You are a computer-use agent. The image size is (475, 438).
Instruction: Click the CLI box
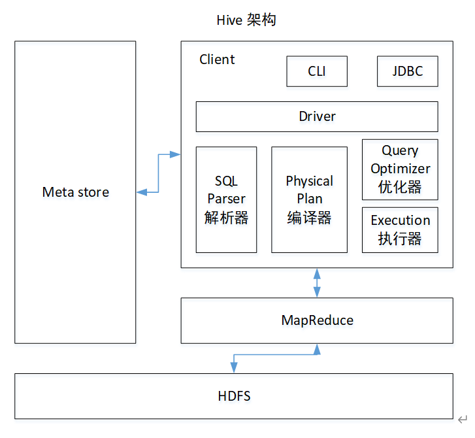coord(317,71)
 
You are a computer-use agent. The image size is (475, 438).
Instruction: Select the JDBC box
coord(408,71)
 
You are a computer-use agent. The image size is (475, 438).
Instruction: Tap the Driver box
coord(317,117)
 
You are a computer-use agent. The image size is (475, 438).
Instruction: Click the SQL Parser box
coord(226,200)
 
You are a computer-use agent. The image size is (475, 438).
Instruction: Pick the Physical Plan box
coord(309,200)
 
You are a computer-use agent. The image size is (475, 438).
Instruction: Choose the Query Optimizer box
coord(400,169)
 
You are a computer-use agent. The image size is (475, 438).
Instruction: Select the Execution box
coord(400,230)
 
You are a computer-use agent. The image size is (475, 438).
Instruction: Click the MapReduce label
coord(317,320)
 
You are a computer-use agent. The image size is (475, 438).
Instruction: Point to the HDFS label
coord(234,396)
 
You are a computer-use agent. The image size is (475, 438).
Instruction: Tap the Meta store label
coord(75,192)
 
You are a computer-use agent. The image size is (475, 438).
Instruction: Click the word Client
coord(217,59)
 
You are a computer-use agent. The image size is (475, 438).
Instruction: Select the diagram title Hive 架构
coord(246,20)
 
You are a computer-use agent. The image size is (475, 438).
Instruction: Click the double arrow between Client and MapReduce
coord(317,283)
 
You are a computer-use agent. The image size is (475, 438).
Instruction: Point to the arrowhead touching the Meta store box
coord(142,192)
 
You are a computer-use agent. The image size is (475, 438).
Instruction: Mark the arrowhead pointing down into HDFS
coord(234,367)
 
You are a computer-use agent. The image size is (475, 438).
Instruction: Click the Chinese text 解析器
coord(226,218)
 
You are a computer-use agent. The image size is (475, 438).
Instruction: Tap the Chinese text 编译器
coord(309,218)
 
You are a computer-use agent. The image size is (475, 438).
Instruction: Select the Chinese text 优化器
coord(400,187)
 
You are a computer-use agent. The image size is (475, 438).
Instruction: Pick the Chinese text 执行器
coord(400,239)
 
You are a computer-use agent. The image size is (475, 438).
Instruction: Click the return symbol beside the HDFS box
coord(463,420)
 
